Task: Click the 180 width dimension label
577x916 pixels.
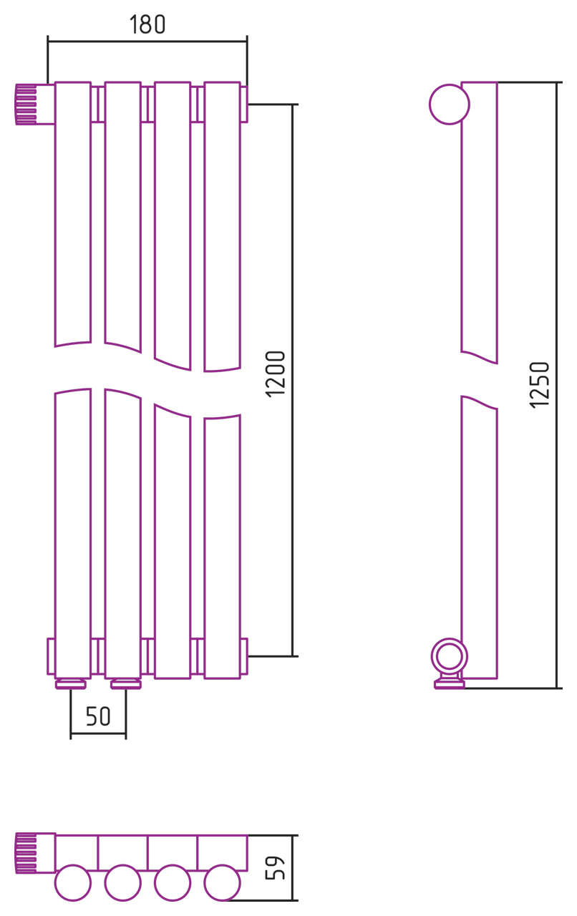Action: [x=147, y=24]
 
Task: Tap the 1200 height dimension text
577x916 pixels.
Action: [x=276, y=374]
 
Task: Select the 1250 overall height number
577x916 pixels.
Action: [x=539, y=385]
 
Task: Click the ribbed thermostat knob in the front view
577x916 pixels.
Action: [x=26, y=104]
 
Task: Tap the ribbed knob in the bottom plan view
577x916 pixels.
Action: [x=26, y=854]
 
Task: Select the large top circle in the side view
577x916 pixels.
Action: [x=450, y=104]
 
